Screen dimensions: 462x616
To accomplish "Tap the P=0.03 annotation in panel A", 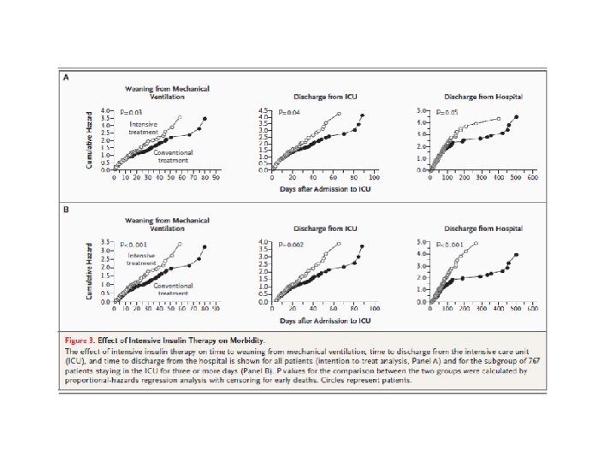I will [x=130, y=112].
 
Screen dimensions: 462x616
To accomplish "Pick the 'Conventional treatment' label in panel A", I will [x=173, y=157].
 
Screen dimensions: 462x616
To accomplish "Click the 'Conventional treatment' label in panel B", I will [x=173, y=289].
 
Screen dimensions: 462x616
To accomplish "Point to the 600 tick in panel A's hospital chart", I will [x=532, y=179].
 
